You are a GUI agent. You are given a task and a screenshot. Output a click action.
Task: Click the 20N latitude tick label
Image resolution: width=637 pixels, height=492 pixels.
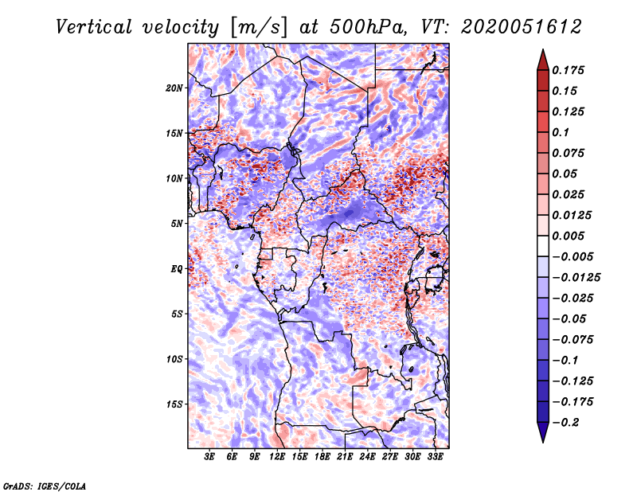(174, 88)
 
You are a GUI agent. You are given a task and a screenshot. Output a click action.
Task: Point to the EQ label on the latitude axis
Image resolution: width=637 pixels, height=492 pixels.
(177, 269)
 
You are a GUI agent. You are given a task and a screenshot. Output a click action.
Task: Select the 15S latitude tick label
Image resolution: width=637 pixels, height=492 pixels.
(174, 404)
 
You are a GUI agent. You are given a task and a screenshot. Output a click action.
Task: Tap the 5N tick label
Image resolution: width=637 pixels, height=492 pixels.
(177, 224)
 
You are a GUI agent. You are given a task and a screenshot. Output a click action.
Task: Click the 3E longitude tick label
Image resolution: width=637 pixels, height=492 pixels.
(210, 458)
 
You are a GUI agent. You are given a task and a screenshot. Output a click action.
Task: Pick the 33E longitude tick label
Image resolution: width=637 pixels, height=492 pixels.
(435, 458)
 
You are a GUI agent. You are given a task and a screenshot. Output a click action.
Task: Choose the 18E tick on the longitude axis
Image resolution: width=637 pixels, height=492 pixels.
(322, 458)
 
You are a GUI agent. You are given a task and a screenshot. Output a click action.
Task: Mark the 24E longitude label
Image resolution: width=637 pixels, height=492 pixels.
(367, 458)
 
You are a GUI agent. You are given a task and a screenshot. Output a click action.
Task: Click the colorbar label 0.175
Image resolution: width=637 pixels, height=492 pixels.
(570, 70)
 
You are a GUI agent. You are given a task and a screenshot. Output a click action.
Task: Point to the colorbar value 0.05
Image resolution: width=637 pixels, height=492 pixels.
(566, 174)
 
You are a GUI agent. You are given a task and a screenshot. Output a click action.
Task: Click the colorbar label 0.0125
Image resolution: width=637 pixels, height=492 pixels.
(573, 215)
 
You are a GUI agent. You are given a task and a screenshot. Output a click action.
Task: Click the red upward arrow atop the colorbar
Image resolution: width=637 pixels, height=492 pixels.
(542, 59)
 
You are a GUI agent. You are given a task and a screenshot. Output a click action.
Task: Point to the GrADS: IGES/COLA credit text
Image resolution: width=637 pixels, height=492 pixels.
(44, 485)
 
